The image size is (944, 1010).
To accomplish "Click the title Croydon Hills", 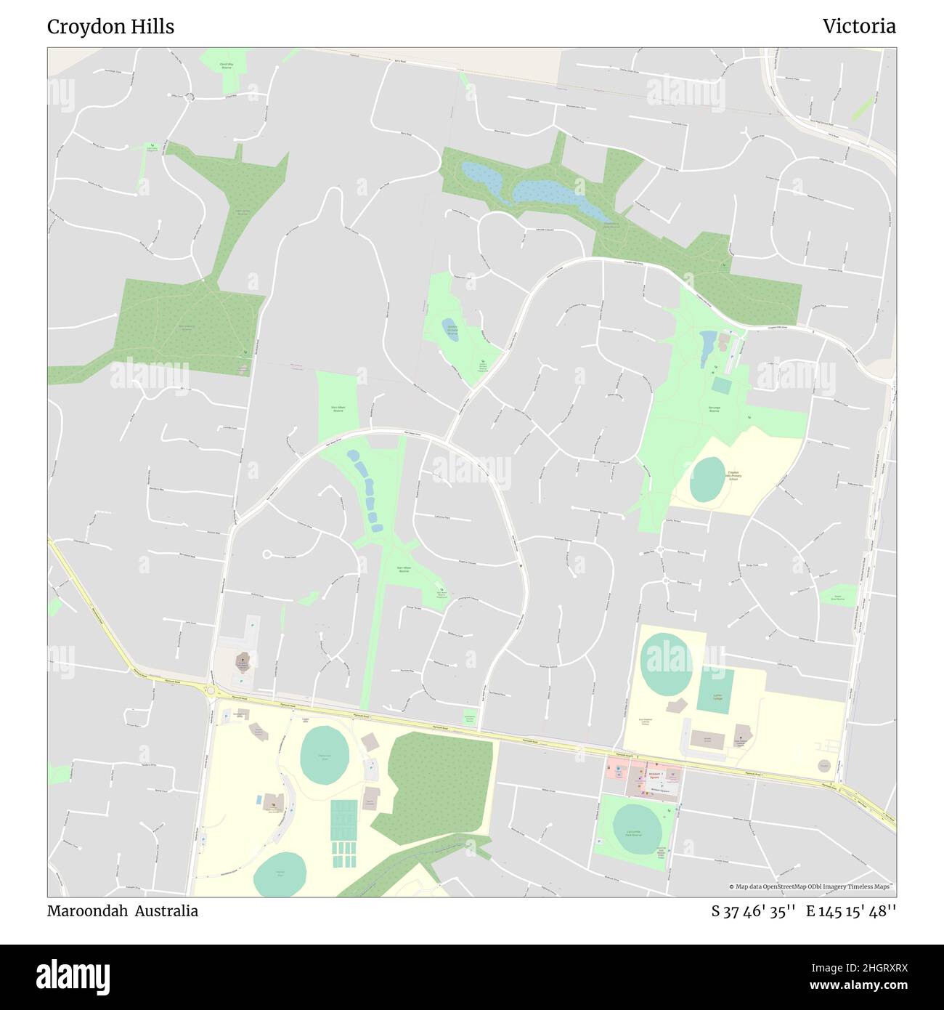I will (x=110, y=27).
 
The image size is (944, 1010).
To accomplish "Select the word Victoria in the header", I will (x=859, y=27).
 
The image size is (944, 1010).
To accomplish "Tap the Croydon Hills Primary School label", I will (x=733, y=475).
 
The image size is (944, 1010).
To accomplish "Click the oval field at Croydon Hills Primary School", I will (x=707, y=480).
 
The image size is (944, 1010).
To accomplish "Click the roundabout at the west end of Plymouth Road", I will (x=211, y=690).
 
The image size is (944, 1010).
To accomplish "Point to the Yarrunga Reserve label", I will (x=714, y=411).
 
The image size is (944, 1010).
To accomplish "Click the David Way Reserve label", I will (x=226, y=65).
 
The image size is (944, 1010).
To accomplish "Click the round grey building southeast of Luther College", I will (x=823, y=765).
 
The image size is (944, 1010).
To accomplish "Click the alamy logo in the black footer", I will (x=73, y=976).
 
